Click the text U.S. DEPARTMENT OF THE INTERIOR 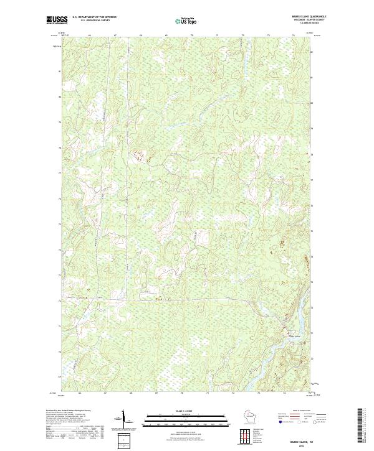[94, 17]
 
